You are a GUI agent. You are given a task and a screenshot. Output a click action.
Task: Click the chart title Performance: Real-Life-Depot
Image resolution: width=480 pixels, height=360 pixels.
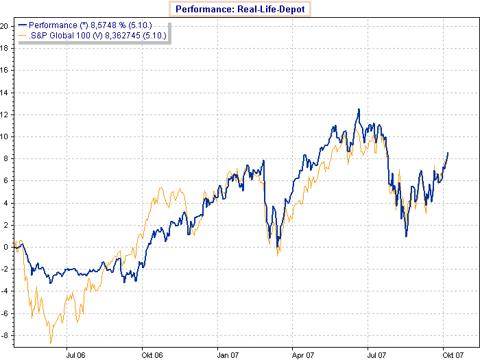240,9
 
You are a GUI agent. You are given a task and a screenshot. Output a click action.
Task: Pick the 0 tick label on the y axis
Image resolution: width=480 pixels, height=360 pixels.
5,247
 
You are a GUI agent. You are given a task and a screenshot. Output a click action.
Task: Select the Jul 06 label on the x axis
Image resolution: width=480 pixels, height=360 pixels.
75,356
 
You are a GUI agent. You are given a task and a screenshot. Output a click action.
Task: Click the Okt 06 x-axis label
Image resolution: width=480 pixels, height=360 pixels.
152,356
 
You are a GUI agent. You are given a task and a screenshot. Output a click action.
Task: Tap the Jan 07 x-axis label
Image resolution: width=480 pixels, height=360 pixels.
227,356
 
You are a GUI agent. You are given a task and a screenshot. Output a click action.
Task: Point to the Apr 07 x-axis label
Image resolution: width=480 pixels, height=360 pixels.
302,356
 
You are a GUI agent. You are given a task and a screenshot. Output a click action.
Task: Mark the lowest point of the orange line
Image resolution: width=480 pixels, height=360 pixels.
51,344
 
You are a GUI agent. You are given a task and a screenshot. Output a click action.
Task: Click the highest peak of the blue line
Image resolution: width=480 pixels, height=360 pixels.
358,109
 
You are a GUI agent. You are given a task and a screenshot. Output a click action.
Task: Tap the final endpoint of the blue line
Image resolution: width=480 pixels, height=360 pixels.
448,153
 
